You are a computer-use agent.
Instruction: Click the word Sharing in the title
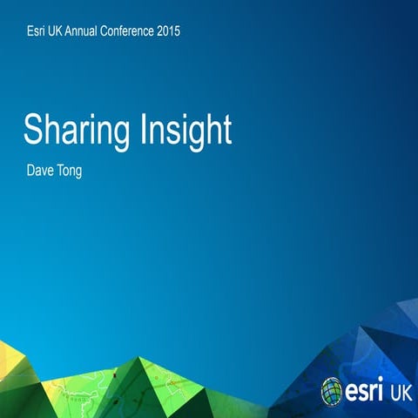click(x=76, y=131)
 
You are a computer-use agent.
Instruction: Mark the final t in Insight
click(x=226, y=131)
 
